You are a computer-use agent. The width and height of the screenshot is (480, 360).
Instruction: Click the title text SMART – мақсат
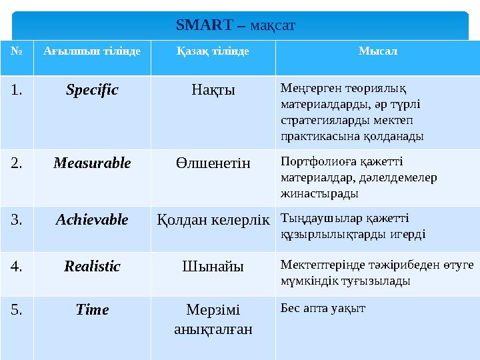(x=236, y=25)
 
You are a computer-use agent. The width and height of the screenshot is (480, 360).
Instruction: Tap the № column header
(x=16, y=51)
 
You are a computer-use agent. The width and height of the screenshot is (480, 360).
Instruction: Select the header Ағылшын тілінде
(x=92, y=51)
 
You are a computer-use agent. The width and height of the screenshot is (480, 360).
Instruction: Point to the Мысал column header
(x=378, y=51)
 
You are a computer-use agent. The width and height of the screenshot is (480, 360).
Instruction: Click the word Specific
(x=92, y=89)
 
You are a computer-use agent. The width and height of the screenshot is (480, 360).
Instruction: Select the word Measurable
(x=92, y=163)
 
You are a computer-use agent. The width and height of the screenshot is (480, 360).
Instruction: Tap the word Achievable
(x=92, y=219)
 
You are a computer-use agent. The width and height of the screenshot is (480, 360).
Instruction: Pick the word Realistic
(x=92, y=267)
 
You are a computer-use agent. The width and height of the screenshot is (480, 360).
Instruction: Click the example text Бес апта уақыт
(x=323, y=308)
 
